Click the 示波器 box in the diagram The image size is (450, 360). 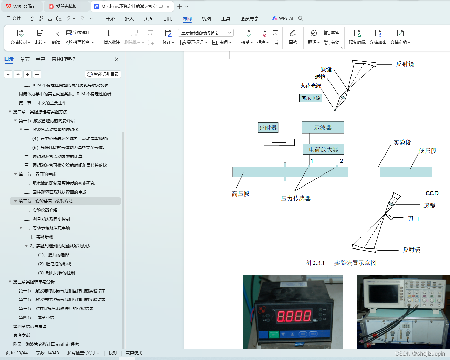pyautogui.click(x=323, y=127)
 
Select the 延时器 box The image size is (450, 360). pyautogui.click(x=268, y=128)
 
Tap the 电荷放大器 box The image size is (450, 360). pyautogui.click(x=323, y=149)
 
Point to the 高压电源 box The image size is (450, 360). pyautogui.click(x=311, y=98)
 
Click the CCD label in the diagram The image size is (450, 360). pyautogui.click(x=432, y=193)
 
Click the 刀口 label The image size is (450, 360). pyautogui.click(x=413, y=219)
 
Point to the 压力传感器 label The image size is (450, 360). pyautogui.click(x=296, y=198)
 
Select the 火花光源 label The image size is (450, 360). pyautogui.click(x=310, y=86)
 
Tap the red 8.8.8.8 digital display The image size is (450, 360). pyautogui.click(x=294, y=316)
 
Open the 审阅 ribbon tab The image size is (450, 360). pyautogui.click(x=187, y=19)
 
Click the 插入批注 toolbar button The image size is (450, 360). pyautogui.click(x=112, y=37)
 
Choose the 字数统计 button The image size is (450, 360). pyautogui.click(x=78, y=33)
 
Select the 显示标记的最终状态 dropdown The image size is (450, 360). pyautogui.click(x=206, y=33)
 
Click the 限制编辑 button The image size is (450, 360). pyautogui.click(x=357, y=37)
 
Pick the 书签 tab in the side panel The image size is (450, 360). pyautogui.click(x=41, y=59)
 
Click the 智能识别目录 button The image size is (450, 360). pyautogui.click(x=103, y=74)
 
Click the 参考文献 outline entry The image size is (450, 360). pyautogui.click(x=22, y=335)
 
